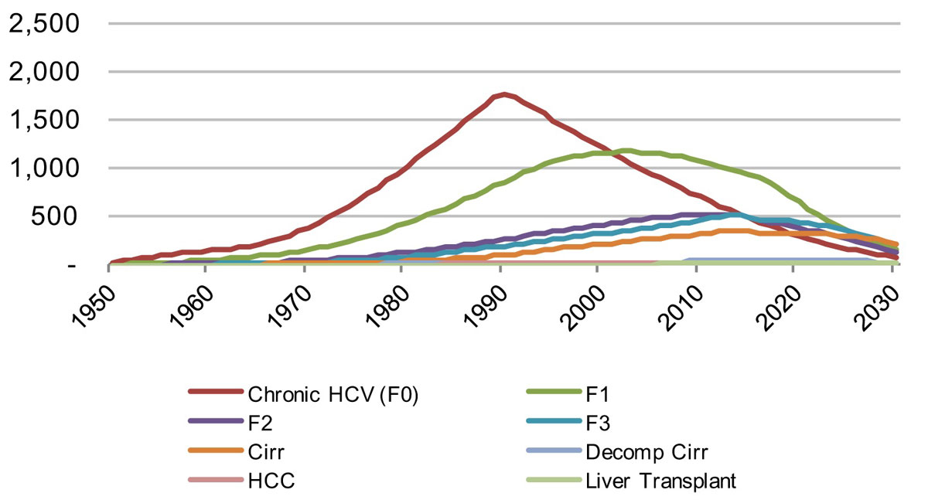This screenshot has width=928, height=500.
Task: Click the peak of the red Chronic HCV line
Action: [x=504, y=94]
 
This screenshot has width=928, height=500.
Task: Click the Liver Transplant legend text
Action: [x=659, y=481]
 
